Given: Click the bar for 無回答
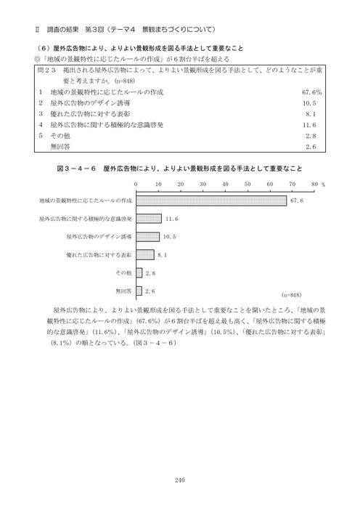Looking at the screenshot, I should tap(138, 291).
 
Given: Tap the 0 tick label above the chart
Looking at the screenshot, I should tap(136, 185).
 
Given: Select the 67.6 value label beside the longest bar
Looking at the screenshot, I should tap(295, 201).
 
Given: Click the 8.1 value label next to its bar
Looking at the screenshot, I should tap(162, 255).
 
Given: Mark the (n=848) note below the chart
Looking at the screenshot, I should tap(290, 296).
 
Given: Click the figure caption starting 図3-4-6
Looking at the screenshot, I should tap(179, 168).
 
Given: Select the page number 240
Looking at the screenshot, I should tap(180, 478).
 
